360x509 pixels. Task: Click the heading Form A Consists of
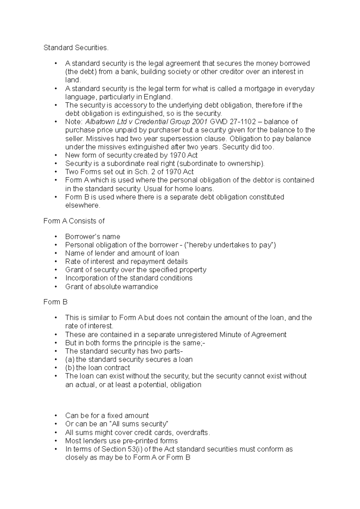74,221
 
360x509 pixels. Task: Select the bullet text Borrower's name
93,237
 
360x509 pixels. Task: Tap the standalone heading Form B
55,302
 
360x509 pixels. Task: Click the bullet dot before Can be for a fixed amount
56,416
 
